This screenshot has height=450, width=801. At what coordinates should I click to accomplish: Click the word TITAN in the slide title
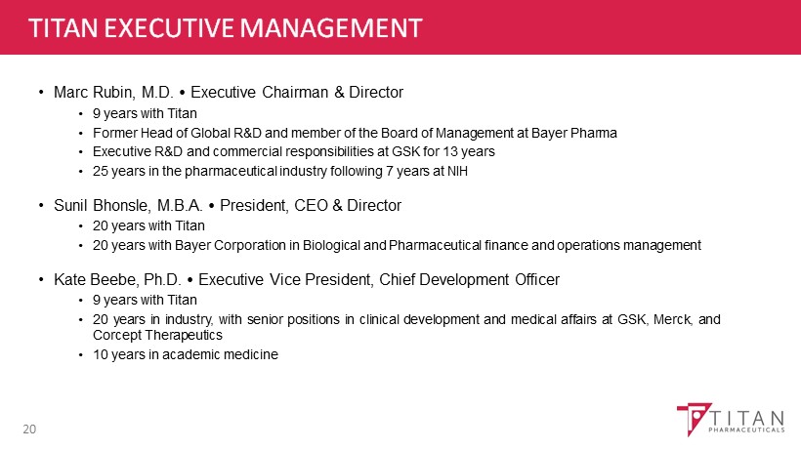tap(63, 27)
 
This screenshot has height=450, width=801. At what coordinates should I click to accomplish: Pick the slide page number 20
tap(29, 430)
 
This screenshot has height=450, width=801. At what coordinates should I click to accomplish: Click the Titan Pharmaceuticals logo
tap(731, 420)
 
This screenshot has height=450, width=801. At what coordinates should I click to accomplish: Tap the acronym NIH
tap(457, 171)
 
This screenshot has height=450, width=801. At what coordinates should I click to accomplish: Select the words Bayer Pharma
tap(574, 133)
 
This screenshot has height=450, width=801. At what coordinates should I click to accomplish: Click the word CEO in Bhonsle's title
tap(311, 205)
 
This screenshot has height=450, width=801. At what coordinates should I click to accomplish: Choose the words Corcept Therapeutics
tap(157, 335)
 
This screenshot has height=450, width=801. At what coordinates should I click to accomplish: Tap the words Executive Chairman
tap(260, 93)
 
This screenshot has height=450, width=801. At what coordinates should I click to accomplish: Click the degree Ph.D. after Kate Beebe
tap(162, 279)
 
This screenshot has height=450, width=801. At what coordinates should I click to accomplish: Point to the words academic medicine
tap(220, 354)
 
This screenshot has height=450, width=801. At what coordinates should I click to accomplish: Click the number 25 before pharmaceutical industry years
tap(100, 171)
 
